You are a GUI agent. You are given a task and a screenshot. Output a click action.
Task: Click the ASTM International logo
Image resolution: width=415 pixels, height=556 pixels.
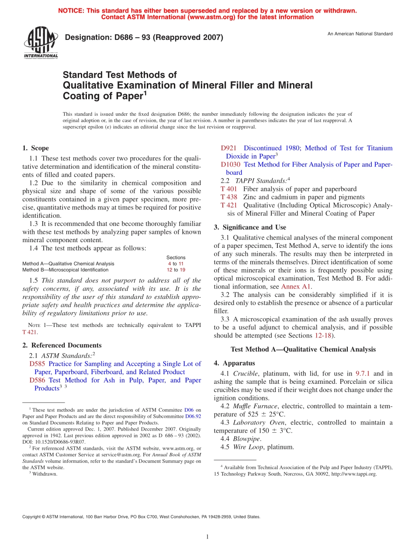tap(41, 42)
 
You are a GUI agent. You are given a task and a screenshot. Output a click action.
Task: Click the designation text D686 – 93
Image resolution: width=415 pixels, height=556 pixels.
tap(144, 38)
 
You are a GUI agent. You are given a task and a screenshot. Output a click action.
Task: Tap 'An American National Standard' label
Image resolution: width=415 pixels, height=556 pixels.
tap(360, 34)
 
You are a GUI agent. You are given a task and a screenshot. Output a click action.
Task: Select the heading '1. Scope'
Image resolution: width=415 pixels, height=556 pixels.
tap(35, 148)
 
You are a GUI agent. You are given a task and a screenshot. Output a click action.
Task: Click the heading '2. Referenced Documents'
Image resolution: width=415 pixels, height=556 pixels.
tap(62, 345)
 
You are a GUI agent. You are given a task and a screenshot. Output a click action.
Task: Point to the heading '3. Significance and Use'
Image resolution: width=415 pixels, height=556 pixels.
tap(250, 227)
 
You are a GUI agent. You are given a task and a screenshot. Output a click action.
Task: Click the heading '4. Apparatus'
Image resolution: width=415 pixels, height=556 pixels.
tap(234, 363)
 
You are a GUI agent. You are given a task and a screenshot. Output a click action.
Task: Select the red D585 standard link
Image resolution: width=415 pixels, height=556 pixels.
tap(37, 364)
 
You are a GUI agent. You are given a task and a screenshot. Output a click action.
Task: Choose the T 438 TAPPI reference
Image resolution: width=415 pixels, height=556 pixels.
tap(229, 197)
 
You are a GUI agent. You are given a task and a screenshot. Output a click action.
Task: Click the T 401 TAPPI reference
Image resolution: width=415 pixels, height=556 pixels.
tap(229, 189)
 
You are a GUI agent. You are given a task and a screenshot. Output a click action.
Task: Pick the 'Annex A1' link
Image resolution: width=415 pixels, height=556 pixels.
tap(295, 287)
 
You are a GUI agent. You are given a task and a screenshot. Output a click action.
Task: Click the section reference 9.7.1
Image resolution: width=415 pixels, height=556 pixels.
tap(363, 373)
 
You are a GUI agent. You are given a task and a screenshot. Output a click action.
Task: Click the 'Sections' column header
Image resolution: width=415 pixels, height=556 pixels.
tap(176, 257)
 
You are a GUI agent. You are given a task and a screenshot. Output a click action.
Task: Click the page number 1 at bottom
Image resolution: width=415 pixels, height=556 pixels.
tap(207, 537)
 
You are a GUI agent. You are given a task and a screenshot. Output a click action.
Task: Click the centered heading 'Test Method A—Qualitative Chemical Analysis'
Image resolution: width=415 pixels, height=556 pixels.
tap(303, 349)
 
